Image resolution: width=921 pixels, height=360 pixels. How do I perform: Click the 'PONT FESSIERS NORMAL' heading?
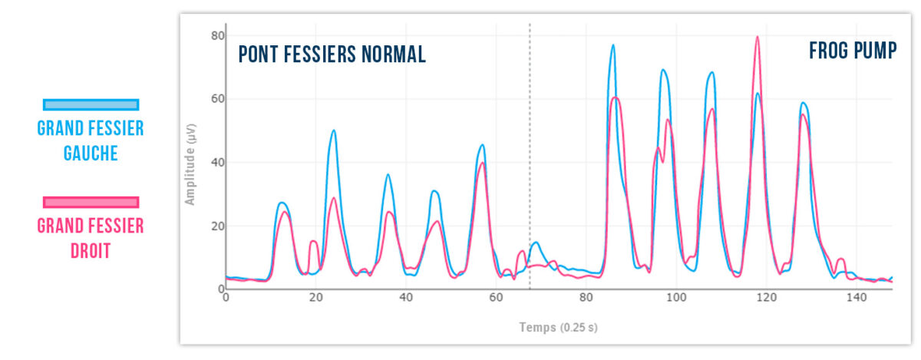[x=332, y=54]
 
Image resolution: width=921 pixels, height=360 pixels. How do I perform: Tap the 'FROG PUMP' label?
[x=852, y=51]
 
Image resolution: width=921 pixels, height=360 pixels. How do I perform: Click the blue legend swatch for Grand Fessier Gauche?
[x=91, y=104]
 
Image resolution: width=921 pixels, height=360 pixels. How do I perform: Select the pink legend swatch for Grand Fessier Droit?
[x=91, y=202]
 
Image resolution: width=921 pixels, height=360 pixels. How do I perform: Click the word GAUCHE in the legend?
[x=91, y=153]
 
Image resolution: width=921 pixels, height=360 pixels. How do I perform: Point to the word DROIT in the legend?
[x=91, y=250]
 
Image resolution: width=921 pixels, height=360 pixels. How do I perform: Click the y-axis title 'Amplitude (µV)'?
[x=190, y=163]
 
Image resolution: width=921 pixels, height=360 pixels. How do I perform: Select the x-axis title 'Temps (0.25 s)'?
[x=559, y=328]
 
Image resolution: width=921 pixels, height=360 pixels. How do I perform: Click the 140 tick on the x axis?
[x=857, y=298]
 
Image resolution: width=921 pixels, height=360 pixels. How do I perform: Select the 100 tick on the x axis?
[x=676, y=298]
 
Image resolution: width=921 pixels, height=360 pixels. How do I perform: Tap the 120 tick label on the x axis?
[x=766, y=298]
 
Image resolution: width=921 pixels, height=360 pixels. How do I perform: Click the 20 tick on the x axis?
[x=315, y=298]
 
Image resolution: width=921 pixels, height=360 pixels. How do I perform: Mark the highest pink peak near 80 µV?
[x=757, y=37]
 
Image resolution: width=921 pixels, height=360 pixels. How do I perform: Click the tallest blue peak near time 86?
[x=612, y=45]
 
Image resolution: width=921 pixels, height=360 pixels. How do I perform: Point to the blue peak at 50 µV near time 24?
[x=333, y=130]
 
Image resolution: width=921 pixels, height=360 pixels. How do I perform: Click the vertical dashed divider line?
[x=530, y=154]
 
